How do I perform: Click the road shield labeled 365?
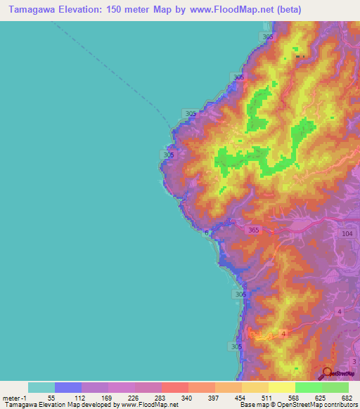click(254, 230)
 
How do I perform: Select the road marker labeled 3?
click(354, 361)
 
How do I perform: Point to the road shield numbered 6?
click(206, 233)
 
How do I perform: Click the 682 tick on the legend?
click(347, 398)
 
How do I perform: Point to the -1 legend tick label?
click(24, 398)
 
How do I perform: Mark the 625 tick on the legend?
click(320, 398)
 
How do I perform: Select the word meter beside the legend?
click(11, 398)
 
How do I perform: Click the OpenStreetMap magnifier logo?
click(327, 372)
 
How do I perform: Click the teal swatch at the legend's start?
click(41, 387)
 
